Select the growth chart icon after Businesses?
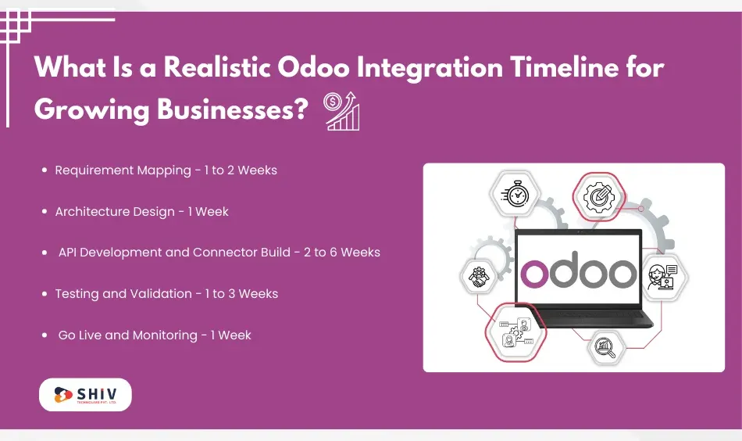(x=341, y=111)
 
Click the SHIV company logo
(x=85, y=395)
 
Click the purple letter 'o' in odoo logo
(x=537, y=272)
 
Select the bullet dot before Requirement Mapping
(x=45, y=170)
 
